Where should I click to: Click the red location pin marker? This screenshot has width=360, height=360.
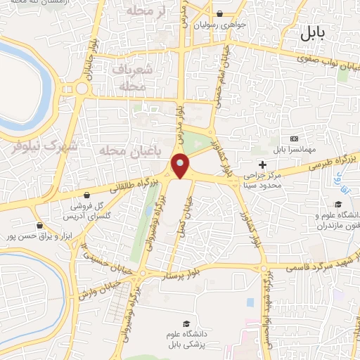click(x=181, y=166)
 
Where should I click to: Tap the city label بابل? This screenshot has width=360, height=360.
click(x=314, y=32)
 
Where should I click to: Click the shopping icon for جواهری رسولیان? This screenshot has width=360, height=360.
click(x=219, y=13)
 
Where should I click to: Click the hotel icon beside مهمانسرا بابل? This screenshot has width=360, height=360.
click(x=294, y=139)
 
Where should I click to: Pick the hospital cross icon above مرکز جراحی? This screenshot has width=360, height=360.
click(x=263, y=164)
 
